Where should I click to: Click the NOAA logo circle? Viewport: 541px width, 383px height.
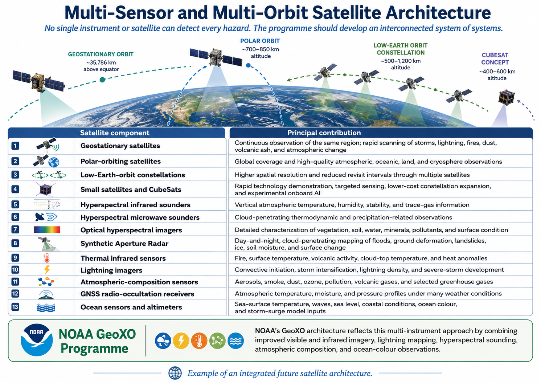tap(37, 340)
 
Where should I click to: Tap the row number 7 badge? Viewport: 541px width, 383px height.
tap(15, 229)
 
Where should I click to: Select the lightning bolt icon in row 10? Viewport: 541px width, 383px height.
tap(47, 270)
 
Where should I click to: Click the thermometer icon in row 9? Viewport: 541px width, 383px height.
tap(46, 258)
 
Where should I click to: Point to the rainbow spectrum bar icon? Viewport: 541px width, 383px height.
tap(47, 229)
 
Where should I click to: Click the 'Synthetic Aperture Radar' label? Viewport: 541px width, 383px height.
tap(124, 243)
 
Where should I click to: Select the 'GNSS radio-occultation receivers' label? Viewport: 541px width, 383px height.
tap(138, 294)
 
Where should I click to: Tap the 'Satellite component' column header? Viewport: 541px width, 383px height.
tap(115, 133)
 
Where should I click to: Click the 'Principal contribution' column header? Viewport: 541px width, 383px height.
tap(324, 133)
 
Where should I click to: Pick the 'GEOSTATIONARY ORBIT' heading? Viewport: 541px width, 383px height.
tap(101, 54)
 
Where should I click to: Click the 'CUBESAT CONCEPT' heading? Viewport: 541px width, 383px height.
tap(495, 59)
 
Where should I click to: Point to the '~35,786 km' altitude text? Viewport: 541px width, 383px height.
tap(101, 62)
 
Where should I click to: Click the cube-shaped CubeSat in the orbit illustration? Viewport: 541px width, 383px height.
tap(507, 97)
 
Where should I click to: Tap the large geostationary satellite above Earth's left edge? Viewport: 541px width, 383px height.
tap(38, 81)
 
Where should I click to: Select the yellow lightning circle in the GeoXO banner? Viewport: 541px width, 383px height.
tap(181, 341)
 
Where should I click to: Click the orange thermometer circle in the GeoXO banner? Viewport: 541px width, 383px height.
tap(199, 341)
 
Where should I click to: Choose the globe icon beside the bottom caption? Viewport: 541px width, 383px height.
tap(175, 373)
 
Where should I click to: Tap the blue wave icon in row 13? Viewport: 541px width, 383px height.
tap(46, 307)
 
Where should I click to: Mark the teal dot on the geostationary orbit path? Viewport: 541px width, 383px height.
tap(102, 80)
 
